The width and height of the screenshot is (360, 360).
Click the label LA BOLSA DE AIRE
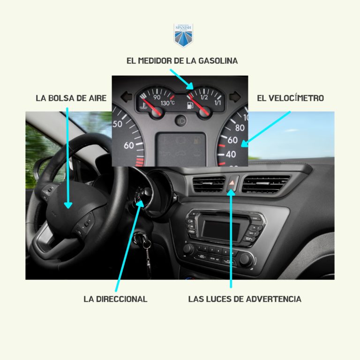click(x=71, y=98)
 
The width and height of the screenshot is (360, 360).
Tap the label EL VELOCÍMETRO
click(x=290, y=98)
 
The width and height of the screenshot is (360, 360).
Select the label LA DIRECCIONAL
click(x=115, y=299)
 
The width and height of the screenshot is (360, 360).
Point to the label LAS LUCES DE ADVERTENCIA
click(x=245, y=299)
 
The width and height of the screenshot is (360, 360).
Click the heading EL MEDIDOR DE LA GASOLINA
click(x=182, y=61)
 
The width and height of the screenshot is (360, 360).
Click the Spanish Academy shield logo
click(x=183, y=36)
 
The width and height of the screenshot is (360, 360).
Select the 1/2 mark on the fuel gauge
click(x=204, y=97)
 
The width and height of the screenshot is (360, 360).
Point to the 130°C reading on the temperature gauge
click(x=167, y=103)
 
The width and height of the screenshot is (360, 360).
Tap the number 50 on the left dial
click(x=117, y=124)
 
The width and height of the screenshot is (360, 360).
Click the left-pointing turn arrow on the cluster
click(x=126, y=96)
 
